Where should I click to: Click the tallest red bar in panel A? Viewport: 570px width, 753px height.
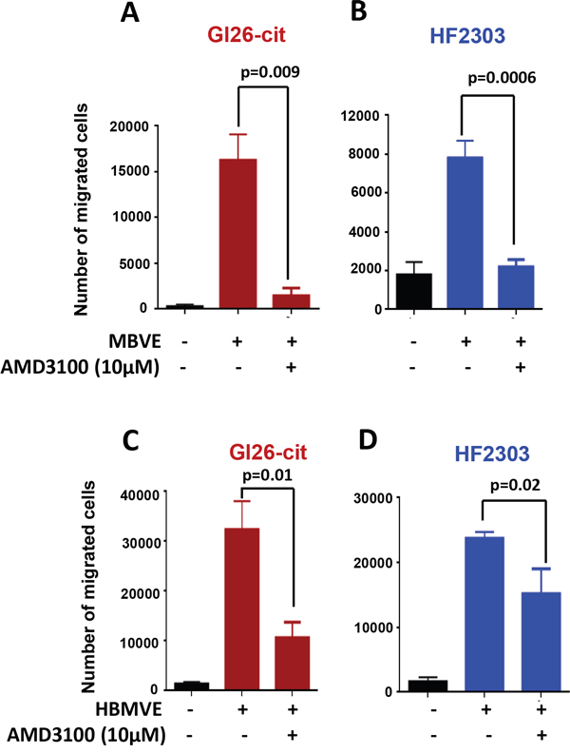point(238,233)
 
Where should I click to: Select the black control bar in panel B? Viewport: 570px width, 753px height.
point(413,291)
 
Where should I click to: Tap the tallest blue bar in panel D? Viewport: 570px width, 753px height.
point(484,614)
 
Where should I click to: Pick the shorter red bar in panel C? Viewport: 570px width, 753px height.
point(293,664)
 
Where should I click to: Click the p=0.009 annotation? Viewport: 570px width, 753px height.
point(270,72)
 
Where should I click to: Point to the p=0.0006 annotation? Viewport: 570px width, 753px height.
point(502,77)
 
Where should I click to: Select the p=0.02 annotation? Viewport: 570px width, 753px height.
point(515,485)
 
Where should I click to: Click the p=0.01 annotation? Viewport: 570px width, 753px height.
point(267,475)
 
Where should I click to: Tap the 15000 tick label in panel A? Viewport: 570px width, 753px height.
point(130,171)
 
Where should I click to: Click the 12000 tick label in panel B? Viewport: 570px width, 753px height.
point(360,116)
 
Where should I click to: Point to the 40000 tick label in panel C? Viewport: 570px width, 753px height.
point(140,495)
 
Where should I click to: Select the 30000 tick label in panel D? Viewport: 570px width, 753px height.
point(373,498)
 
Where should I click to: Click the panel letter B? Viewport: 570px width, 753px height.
point(359,11)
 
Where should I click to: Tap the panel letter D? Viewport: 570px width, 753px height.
point(368,440)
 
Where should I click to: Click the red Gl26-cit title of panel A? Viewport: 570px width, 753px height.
point(247,34)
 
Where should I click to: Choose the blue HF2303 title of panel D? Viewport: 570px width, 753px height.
point(492,454)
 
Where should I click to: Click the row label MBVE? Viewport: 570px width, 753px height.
point(135,341)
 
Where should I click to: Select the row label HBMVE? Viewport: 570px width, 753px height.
point(129,709)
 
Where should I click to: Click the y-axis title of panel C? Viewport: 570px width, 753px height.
point(88,587)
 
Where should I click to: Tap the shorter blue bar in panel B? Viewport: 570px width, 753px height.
point(516,287)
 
